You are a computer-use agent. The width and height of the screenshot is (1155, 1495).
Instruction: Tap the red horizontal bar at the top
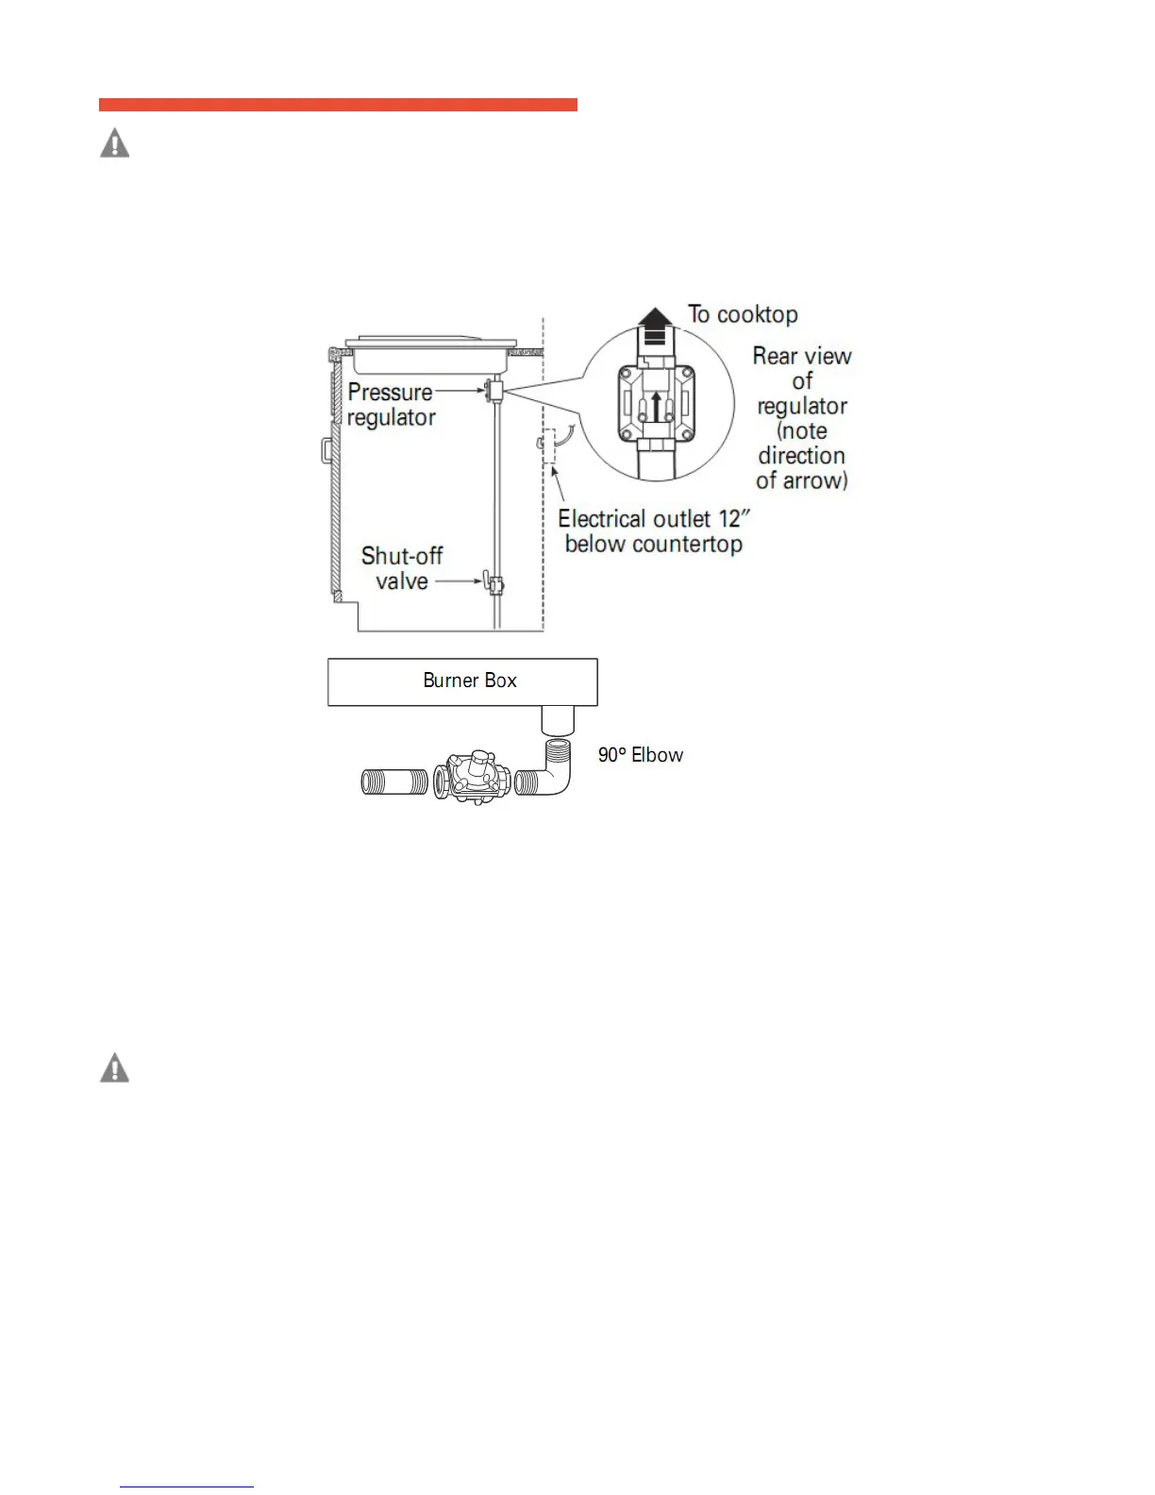pyautogui.click(x=338, y=105)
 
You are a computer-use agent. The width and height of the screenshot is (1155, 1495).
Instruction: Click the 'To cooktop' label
pyautogui.click(x=743, y=314)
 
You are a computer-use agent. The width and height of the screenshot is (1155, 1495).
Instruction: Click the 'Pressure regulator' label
pyautogui.click(x=391, y=405)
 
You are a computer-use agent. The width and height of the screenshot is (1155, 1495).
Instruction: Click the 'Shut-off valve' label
pyautogui.click(x=402, y=568)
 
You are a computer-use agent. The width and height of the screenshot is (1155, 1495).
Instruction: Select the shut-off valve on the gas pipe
pyautogui.click(x=493, y=585)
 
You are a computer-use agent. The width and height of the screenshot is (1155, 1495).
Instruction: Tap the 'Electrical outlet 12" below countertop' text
pyautogui.click(x=653, y=531)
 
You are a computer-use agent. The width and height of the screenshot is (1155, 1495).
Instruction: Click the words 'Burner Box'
pyautogui.click(x=470, y=680)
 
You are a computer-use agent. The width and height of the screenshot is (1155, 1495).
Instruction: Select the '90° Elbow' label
pyautogui.click(x=641, y=755)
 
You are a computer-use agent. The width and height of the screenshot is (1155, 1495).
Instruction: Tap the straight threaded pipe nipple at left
pyautogui.click(x=395, y=782)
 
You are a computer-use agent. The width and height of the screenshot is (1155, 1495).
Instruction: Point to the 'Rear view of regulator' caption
pyautogui.click(x=802, y=417)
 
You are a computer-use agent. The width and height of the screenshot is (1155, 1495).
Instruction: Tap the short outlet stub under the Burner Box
pyautogui.click(x=557, y=720)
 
